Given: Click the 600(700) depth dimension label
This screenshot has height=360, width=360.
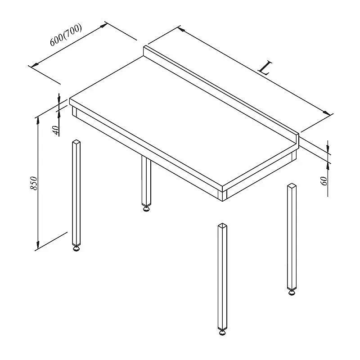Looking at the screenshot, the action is pos(66,35).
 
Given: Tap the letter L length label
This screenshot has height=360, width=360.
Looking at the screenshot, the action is pos(265,68).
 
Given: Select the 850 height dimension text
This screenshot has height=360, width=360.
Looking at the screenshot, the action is pos(34,183).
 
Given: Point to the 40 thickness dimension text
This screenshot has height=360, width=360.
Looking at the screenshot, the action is pos(56,130).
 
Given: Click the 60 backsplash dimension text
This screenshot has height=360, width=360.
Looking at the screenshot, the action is pos(324,181).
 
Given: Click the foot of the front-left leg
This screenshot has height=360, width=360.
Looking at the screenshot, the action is pos(76,248).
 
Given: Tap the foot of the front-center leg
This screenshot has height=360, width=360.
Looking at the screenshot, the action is pos(222,333).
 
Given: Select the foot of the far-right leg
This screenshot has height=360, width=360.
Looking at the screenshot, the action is pos(292,292).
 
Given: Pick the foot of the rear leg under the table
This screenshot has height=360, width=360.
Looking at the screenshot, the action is pos(146,208).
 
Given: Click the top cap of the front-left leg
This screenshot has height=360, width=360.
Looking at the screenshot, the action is pos(76,142).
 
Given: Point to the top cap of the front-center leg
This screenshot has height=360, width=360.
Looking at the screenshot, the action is pos(222,225).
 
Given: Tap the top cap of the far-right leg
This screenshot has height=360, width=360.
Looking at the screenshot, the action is pos(292,185).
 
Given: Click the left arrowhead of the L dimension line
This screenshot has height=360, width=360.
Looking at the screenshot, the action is pos(182,29).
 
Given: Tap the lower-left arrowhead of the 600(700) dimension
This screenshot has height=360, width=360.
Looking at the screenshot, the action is pos(35,65).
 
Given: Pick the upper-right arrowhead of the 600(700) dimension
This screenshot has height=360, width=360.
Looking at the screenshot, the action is pos(103,25).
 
